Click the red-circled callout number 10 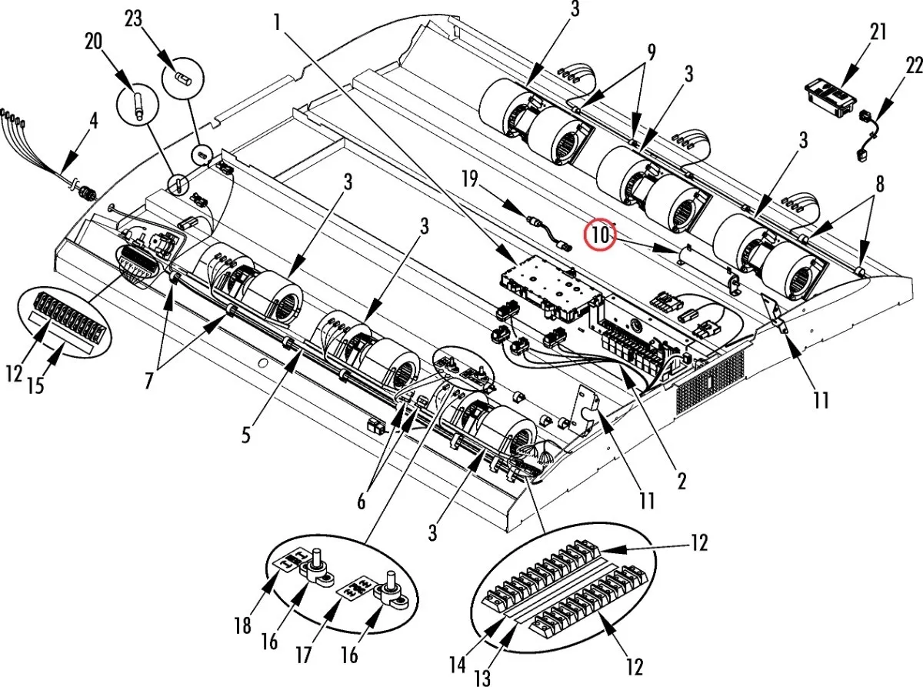pyautogui.click(x=600, y=235)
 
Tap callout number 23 pyautogui.click(x=134, y=19)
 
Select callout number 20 pyautogui.click(x=93, y=42)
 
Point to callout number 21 pyautogui.click(x=877, y=32)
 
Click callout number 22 pyautogui.click(x=913, y=66)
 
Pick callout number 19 pyautogui.click(x=470, y=180)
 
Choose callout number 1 pyautogui.click(x=277, y=22)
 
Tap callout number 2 pyautogui.click(x=681, y=481)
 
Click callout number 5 pyautogui.click(x=246, y=435)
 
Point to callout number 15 pyautogui.click(x=36, y=385)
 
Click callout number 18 pyautogui.click(x=242, y=625)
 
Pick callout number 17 pyautogui.click(x=303, y=655)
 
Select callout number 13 pyautogui.click(x=482, y=678)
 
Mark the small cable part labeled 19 pyautogui.click(x=548, y=233)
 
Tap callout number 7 pyautogui.click(x=148, y=381)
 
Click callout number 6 pyautogui.click(x=361, y=502)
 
